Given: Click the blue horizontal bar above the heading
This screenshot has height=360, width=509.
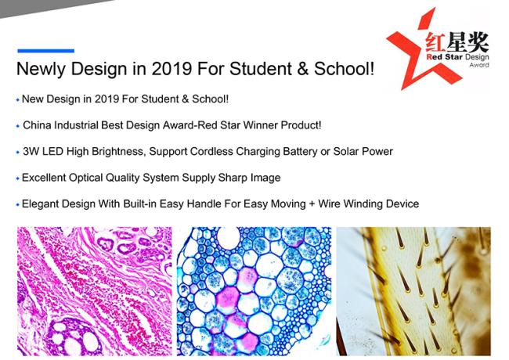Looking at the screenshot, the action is coord(45,51).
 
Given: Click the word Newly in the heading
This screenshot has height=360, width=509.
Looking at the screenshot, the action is coord(41,69).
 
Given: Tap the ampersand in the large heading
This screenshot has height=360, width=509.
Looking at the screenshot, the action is coord(302,68).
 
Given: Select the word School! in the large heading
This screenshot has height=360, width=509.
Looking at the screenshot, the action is coord(344,68).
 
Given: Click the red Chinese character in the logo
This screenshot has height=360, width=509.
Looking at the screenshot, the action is coord(435,42).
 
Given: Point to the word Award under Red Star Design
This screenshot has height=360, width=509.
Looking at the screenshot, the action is coord(479,65).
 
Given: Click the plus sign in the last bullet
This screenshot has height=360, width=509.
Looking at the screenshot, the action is coord(312,204).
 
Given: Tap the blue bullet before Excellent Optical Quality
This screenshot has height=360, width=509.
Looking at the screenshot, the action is coord(17,178).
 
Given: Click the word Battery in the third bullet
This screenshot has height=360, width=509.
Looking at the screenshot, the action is coord(300,152).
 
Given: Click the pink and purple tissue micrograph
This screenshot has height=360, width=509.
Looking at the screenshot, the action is coord(95,291).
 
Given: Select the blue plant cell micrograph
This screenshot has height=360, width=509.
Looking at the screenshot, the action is coord(254,291).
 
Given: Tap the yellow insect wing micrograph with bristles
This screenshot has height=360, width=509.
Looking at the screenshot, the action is coord(413,291).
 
